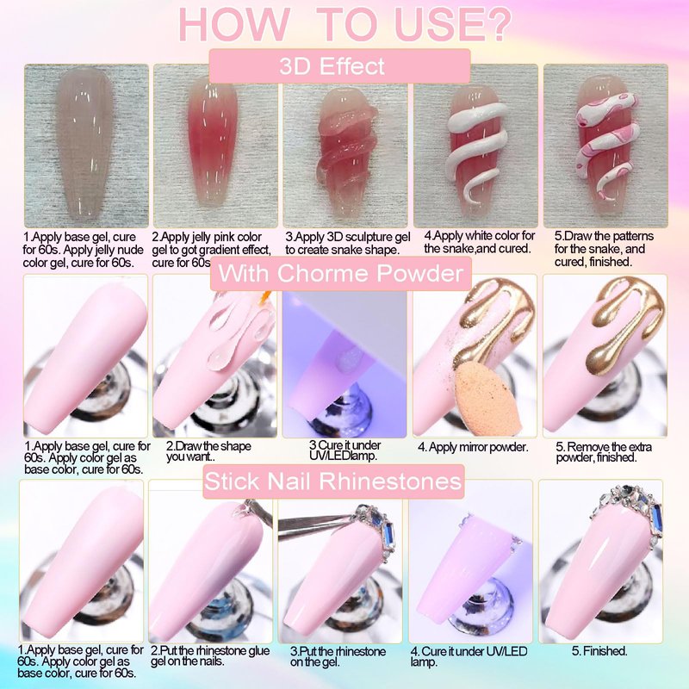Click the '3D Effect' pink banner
[339, 66]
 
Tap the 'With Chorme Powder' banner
[340, 273]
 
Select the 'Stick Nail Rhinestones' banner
[333, 481]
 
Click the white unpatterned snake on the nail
[475, 149]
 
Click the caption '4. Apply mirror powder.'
[473, 447]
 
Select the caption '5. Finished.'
[599, 651]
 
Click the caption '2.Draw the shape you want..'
[208, 451]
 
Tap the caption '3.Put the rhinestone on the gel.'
[338, 656]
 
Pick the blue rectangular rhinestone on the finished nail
[656, 518]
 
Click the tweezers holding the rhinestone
[316, 523]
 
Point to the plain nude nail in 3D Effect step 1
[84, 143]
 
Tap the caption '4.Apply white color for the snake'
[480, 242]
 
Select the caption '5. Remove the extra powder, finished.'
[604, 452]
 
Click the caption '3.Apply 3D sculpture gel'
[348, 237]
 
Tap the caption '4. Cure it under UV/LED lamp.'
[469, 656]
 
